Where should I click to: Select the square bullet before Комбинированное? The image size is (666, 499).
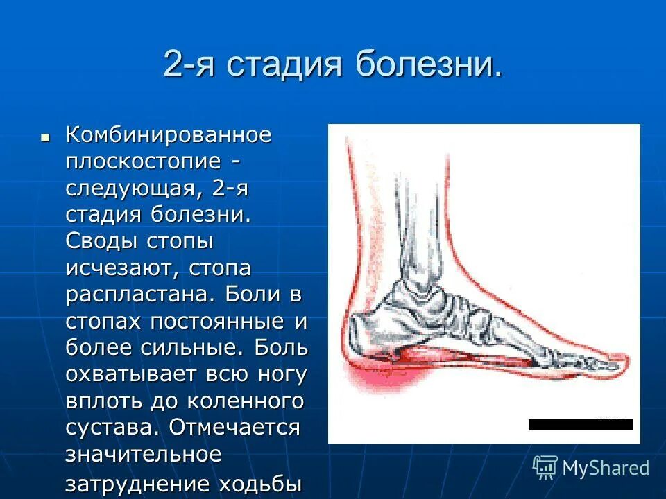coord(46,137)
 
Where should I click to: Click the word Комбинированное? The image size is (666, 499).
coord(168,135)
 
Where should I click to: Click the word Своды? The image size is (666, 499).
coord(102,241)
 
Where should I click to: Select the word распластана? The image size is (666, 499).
coord(142,294)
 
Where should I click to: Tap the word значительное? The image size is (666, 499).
coord(144,454)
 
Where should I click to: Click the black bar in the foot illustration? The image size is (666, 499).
coord(580,425)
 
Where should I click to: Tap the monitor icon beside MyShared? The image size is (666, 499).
coord(545,467)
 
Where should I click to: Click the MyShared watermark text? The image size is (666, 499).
coord(606,468)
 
